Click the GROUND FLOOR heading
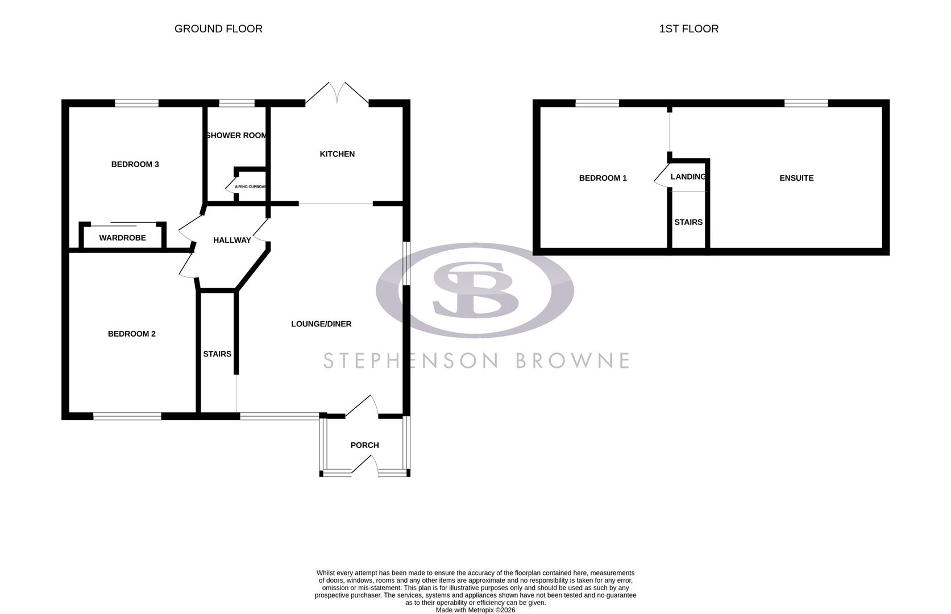[218, 29]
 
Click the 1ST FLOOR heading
[688, 29]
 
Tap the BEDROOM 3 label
[135, 164]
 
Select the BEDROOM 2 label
[131, 334]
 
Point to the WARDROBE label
[122, 238]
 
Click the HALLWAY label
[232, 240]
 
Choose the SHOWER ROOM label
[236, 135]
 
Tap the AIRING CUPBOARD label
[251, 186]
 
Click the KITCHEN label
[337, 154]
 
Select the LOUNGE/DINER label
[321, 324]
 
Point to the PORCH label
[364, 445]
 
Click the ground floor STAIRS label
[217, 354]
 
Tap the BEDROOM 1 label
[603, 178]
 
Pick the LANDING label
[688, 177]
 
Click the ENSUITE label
[796, 178]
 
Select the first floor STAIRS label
[688, 222]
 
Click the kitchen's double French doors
[337, 94]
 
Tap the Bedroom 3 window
[136, 103]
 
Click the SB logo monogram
[475, 289]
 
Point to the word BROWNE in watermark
[572, 360]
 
